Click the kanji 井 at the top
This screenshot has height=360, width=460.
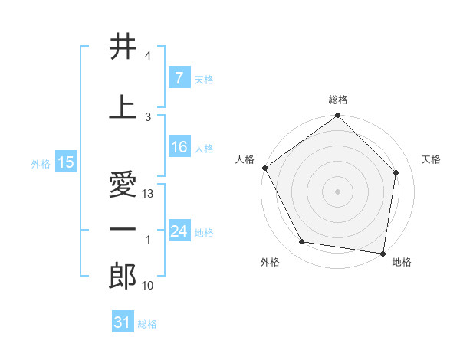(123, 47)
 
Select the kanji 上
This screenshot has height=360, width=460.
(123, 107)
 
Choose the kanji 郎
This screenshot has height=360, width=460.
(123, 277)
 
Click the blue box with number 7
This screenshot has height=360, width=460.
(179, 78)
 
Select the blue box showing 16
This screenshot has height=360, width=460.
(179, 148)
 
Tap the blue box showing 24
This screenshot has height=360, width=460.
(179, 231)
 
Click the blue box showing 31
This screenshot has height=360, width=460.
(122, 322)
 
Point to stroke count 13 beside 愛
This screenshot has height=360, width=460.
(149, 194)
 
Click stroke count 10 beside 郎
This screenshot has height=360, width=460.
(149, 286)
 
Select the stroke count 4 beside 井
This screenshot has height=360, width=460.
(148, 56)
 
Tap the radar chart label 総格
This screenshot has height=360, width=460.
(338, 100)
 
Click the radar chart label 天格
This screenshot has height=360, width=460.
(432, 159)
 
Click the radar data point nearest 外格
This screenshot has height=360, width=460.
(302, 242)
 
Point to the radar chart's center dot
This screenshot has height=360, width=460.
(338, 191)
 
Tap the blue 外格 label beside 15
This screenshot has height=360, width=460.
(40, 163)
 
